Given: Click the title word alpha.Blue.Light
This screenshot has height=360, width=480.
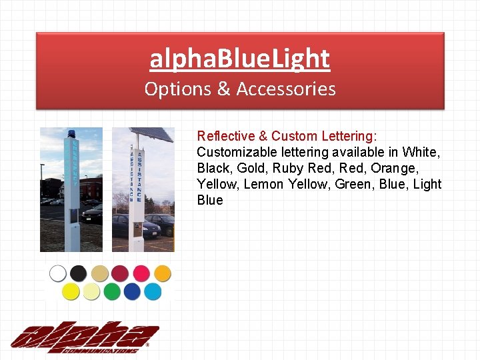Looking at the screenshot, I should click(239, 59).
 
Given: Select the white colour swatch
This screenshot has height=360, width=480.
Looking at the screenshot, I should click(58, 273).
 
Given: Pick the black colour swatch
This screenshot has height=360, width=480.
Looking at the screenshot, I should click(79, 273).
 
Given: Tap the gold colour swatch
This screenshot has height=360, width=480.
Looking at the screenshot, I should click(99, 273).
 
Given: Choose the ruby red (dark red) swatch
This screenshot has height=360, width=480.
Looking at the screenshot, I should click(120, 273).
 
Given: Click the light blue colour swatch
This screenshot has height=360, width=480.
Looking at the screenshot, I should click(153, 292).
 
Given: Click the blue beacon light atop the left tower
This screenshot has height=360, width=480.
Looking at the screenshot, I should click(71, 134).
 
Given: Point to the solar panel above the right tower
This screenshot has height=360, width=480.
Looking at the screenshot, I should click(152, 134).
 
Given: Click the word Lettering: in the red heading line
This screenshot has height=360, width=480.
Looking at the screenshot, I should click(350, 136).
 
